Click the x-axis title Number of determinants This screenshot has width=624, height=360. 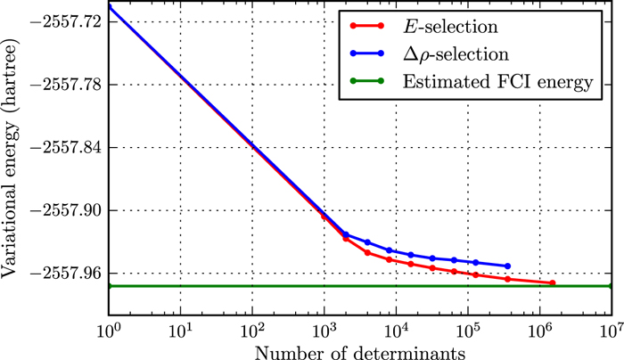pyautogui.click(x=359, y=351)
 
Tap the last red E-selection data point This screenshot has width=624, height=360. pyautogui.click(x=553, y=283)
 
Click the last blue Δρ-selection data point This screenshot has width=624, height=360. pyautogui.click(x=508, y=266)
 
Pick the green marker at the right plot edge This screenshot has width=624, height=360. pyautogui.click(x=611, y=286)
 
